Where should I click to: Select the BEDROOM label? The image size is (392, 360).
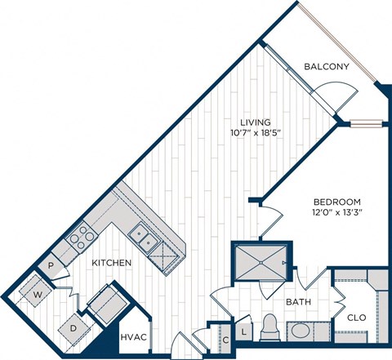335,200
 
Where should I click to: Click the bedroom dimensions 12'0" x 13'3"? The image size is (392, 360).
335,212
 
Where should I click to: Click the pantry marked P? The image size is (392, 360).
51,265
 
